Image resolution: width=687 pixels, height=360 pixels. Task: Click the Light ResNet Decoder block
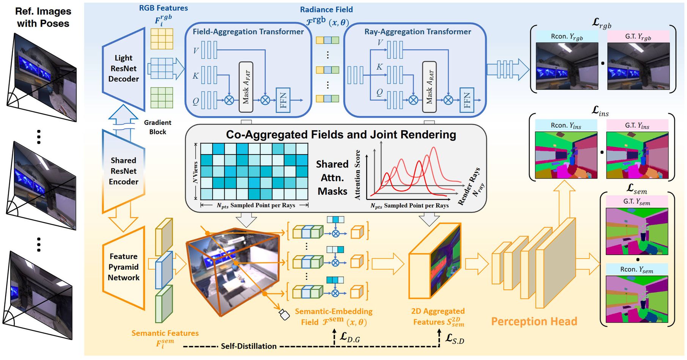123,68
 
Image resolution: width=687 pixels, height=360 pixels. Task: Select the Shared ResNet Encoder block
123,171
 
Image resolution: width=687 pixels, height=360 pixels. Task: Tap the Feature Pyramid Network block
123,267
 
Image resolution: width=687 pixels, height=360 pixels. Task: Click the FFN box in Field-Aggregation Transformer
283,100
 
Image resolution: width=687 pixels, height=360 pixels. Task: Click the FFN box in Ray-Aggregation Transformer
467,100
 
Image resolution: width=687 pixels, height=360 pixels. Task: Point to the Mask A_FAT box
246,87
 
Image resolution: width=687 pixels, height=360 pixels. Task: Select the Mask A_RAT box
429,87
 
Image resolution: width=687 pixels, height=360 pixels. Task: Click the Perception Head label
534,322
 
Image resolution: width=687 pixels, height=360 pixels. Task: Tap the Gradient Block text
158,127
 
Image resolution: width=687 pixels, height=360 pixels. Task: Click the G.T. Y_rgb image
638,66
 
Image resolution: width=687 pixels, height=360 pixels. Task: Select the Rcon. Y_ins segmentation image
566,155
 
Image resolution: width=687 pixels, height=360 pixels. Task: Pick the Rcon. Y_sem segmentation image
637,299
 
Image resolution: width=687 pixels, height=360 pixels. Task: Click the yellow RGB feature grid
162,39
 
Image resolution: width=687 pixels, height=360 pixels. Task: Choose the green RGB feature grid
162,98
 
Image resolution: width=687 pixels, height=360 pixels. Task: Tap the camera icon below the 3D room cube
284,314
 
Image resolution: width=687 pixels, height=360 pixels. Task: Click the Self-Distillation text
249,346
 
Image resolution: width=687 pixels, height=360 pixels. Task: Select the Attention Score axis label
358,175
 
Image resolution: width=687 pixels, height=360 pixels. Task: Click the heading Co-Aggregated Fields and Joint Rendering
341,135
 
